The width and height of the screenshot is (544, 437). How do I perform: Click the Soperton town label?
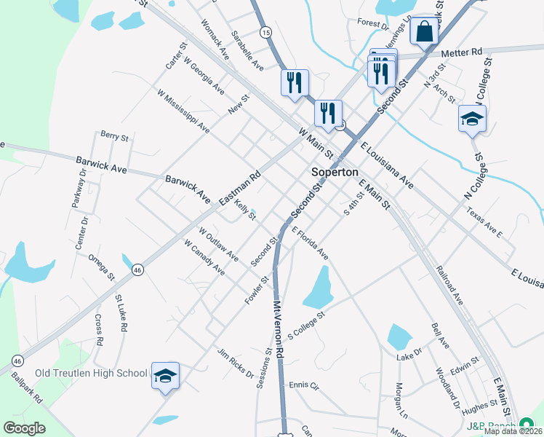335,173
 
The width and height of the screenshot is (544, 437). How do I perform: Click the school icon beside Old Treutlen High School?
165,376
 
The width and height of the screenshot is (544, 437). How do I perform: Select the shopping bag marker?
424,32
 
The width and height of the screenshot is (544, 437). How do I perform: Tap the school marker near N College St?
472,119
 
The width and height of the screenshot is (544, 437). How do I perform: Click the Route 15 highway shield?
265,32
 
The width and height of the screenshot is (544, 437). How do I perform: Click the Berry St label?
114,136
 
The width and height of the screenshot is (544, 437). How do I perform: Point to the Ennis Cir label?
304,385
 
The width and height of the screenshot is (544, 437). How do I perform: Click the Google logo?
24,428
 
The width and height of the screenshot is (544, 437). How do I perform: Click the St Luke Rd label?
120,313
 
